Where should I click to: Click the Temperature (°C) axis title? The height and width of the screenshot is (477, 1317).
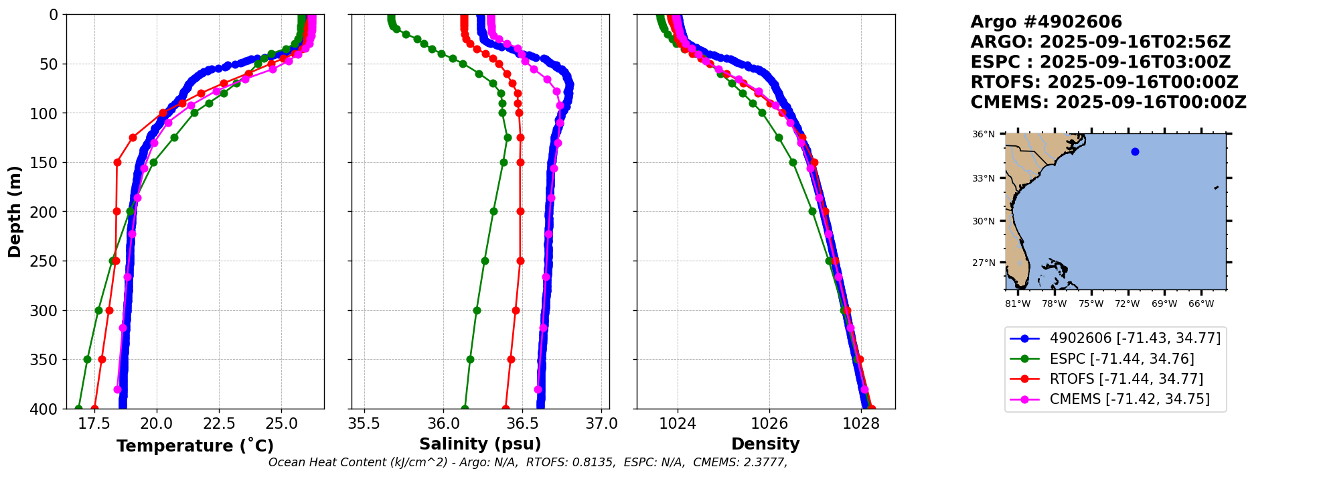[195, 446]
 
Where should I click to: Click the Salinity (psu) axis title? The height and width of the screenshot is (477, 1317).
[480, 444]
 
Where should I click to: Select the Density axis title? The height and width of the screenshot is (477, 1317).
[765, 444]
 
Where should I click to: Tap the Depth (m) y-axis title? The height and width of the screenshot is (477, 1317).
[15, 211]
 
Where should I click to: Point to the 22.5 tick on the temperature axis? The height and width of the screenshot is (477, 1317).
[219, 424]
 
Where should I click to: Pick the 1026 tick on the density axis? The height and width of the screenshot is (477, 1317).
[769, 424]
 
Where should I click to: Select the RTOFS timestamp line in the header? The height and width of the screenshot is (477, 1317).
[1104, 82]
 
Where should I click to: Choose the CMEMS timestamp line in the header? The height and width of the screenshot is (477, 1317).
[1108, 103]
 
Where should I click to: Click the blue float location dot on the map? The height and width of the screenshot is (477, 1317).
[1135, 152]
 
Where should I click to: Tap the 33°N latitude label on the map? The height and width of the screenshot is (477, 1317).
[984, 178]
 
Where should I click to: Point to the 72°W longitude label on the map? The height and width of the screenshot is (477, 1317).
[1127, 304]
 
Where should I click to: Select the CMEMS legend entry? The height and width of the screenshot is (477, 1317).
[1129, 399]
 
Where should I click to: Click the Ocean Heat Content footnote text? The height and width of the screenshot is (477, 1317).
[528, 462]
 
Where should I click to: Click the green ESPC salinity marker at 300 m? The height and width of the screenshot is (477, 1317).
[477, 310]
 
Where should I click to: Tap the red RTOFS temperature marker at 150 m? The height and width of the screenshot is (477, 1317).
[117, 162]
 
